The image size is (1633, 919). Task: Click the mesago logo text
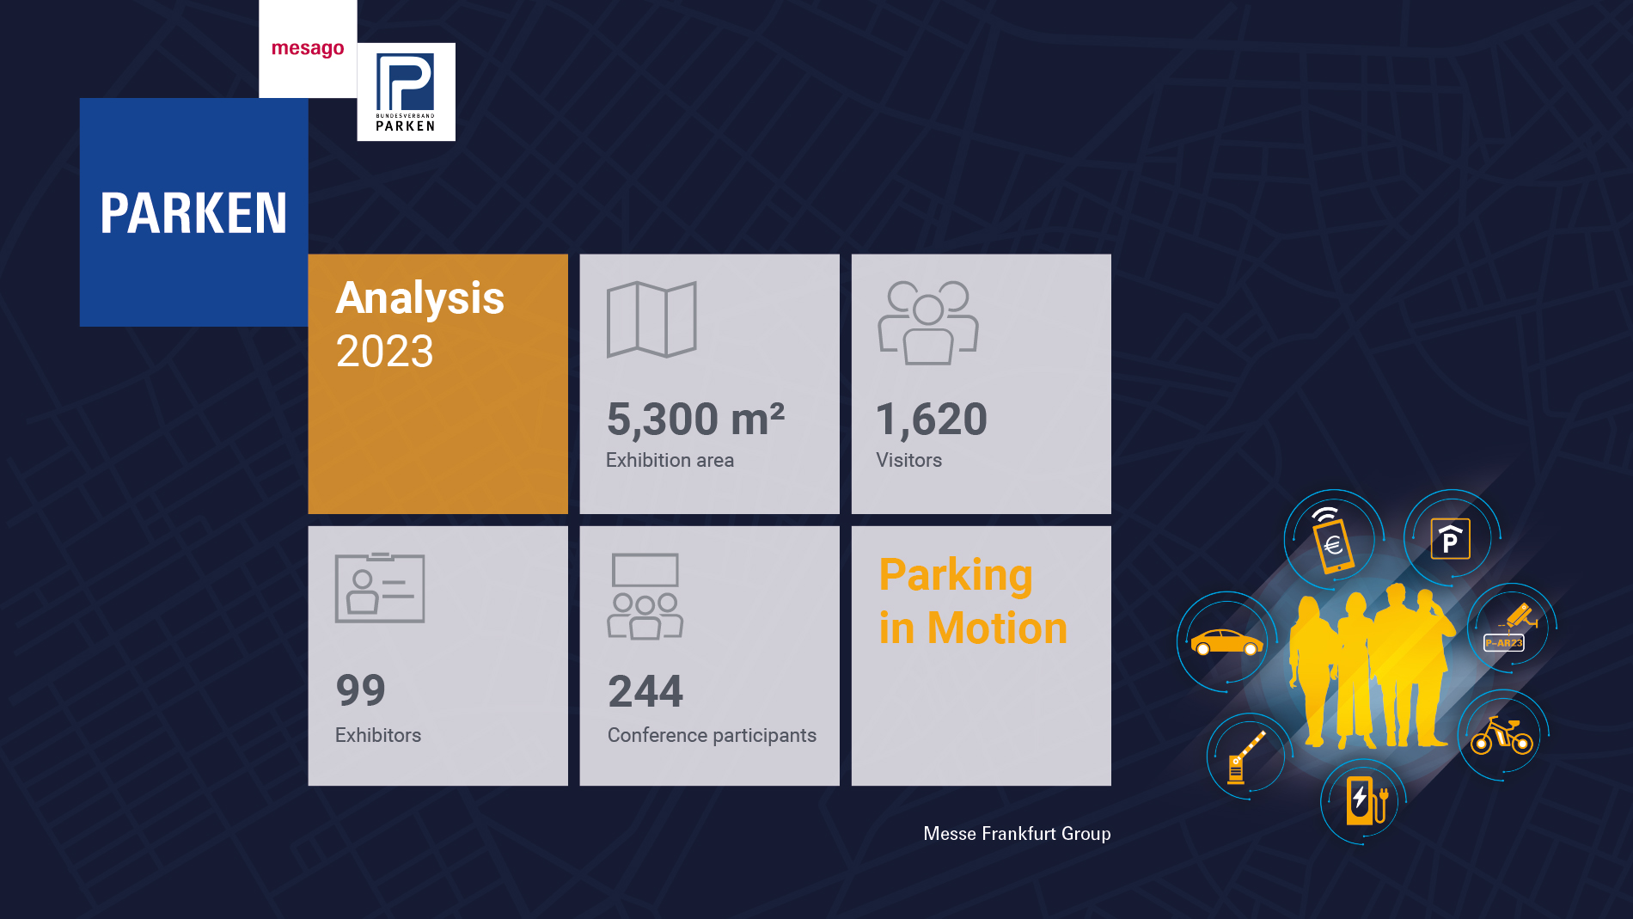tap(308, 50)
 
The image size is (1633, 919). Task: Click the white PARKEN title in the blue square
tap(193, 213)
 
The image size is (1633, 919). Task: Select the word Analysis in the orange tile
tap(419, 299)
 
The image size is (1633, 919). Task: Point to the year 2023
tap(385, 351)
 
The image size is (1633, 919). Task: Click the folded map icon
tap(651, 319)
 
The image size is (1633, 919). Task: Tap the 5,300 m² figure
tap(695, 419)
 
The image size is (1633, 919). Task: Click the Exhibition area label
tap(670, 460)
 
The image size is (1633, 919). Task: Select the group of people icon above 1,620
tap(928, 322)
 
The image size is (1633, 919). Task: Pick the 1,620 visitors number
tap(932, 419)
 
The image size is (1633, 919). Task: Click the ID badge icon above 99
tap(380, 587)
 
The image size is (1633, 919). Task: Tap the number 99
tap(361, 689)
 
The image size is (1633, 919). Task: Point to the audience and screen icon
tap(645, 596)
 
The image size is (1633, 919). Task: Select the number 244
tap(645, 691)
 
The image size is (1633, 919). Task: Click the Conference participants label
tap(712, 735)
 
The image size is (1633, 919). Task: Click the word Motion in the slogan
tap(997, 628)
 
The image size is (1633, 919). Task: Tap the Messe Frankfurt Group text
tap(1017, 834)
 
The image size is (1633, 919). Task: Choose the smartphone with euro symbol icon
tap(1331, 542)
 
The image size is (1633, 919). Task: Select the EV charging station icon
tap(1366, 800)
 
